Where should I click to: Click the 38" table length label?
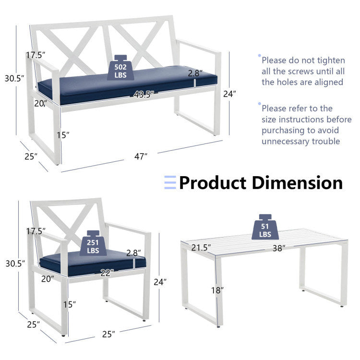click(x=277, y=248)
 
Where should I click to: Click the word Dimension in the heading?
click(x=298, y=183)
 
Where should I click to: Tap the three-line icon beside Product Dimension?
click(x=170, y=182)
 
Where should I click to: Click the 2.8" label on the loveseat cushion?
click(x=195, y=73)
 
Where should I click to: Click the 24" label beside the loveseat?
click(x=230, y=94)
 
